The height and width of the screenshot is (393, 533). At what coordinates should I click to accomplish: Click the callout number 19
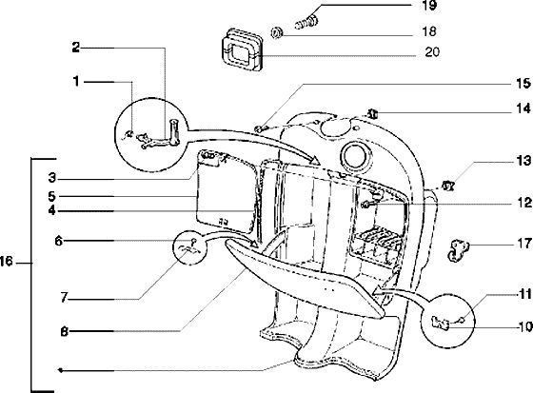(428, 6)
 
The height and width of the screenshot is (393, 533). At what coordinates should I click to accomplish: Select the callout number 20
(432, 52)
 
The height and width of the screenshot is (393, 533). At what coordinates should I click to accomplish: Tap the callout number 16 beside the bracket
(7, 262)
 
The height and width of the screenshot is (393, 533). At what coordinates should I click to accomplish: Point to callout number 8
(65, 331)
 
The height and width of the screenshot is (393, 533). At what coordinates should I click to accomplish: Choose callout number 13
(523, 161)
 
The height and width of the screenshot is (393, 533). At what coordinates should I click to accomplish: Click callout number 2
(76, 48)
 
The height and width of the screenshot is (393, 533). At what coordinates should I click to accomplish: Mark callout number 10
(525, 326)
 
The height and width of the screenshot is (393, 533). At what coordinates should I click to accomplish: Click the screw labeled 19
(306, 20)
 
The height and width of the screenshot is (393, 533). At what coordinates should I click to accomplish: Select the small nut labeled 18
(276, 33)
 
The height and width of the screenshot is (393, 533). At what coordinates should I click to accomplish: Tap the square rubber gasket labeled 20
(242, 49)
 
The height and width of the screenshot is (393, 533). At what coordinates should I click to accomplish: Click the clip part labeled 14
(373, 114)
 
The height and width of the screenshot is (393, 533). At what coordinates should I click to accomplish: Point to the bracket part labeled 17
(457, 250)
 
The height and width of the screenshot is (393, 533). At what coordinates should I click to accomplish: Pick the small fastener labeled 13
(448, 186)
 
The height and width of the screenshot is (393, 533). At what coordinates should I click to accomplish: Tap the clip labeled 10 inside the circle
(440, 323)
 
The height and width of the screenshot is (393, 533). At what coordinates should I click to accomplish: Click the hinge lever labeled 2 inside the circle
(159, 136)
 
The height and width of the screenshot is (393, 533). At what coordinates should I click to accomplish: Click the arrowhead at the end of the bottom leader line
(60, 370)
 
